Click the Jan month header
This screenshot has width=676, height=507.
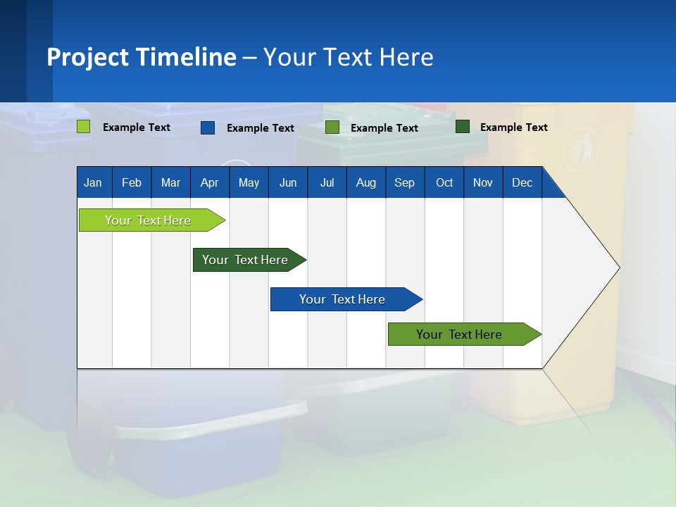click(93, 183)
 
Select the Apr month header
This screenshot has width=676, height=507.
click(209, 183)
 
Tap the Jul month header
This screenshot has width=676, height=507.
click(327, 183)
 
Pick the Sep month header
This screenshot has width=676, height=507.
click(404, 183)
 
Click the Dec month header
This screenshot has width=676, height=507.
click(522, 183)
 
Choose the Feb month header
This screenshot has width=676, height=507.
click(132, 183)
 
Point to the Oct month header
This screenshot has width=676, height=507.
click(444, 183)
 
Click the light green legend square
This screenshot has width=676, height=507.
click(83, 127)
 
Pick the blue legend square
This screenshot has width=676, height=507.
click(208, 127)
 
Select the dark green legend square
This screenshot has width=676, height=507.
click(463, 127)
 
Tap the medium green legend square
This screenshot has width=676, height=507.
click(332, 127)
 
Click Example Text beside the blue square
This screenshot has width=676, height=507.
click(260, 128)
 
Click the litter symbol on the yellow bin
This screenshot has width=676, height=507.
click(577, 149)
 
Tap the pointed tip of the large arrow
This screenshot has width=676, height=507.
click(618, 268)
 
